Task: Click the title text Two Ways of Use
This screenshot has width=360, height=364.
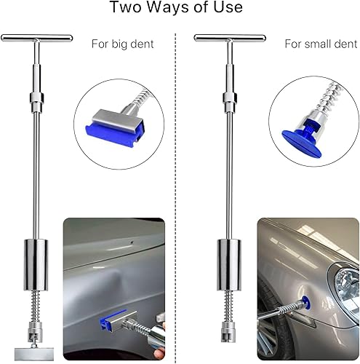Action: [x=180, y=9]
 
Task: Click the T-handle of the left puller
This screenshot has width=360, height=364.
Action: [x=36, y=38]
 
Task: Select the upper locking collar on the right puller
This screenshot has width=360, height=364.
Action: [x=228, y=98]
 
